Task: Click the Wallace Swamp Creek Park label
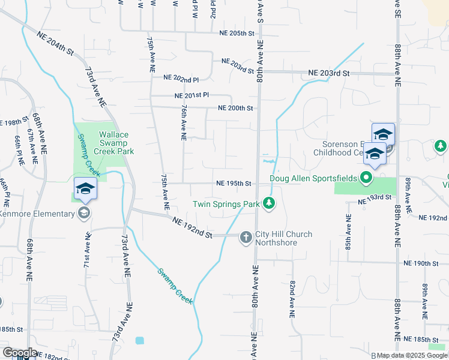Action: (x=113, y=143)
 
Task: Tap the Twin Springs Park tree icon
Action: (x=270, y=204)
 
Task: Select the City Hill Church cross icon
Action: (x=246, y=238)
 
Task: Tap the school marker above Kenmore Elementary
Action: (x=85, y=189)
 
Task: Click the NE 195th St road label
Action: (x=234, y=183)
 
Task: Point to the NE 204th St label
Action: (x=55, y=43)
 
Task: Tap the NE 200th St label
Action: (x=236, y=109)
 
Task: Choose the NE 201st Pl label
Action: (x=191, y=95)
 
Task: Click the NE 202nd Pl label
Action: (x=181, y=79)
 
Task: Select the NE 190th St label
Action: (x=422, y=263)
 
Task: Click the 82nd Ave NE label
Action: (x=292, y=298)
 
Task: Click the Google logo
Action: (x=20, y=353)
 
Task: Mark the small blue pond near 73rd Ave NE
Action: (x=140, y=340)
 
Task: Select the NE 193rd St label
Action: (x=375, y=200)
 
